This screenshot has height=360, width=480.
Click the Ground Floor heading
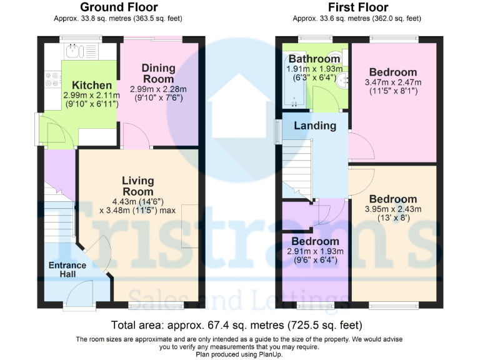pyautogui.click(x=119, y=7)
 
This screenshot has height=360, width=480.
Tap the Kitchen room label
pyautogui.click(x=91, y=86)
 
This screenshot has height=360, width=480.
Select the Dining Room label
pyautogui.click(x=158, y=73)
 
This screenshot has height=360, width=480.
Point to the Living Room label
pyautogui.click(x=137, y=186)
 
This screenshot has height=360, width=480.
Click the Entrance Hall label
pyautogui.click(x=67, y=270)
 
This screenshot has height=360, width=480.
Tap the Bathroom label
pyautogui.click(x=314, y=59)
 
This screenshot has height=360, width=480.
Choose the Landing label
pyautogui.click(x=315, y=126)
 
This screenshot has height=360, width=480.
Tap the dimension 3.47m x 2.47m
pyautogui.click(x=392, y=82)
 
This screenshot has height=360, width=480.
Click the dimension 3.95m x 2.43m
pyautogui.click(x=392, y=209)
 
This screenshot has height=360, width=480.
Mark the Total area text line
pyautogui.click(x=236, y=326)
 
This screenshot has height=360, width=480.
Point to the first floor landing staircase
pyautogui.click(x=296, y=166)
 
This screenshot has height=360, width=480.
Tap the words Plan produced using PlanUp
pyautogui.click(x=239, y=354)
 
